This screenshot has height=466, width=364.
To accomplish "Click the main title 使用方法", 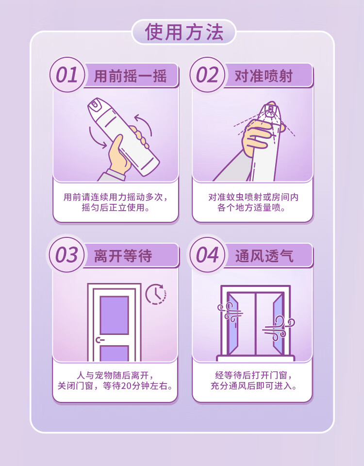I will coord(184,33).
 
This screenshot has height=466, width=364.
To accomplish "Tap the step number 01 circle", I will coord(66,75).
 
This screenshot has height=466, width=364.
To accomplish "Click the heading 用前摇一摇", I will coord(130,76).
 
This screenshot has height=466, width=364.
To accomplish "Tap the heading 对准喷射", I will coord(264,76).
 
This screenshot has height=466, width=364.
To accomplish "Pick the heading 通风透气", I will coord(265,255).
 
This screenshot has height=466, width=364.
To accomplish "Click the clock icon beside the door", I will coord(155,294).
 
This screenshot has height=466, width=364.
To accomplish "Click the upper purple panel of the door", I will coord(114,315).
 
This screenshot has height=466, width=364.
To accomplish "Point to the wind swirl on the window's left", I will coord(229,311).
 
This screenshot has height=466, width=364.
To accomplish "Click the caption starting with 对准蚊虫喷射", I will coord(253,202).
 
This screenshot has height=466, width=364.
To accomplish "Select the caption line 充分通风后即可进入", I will coord(253,386).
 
